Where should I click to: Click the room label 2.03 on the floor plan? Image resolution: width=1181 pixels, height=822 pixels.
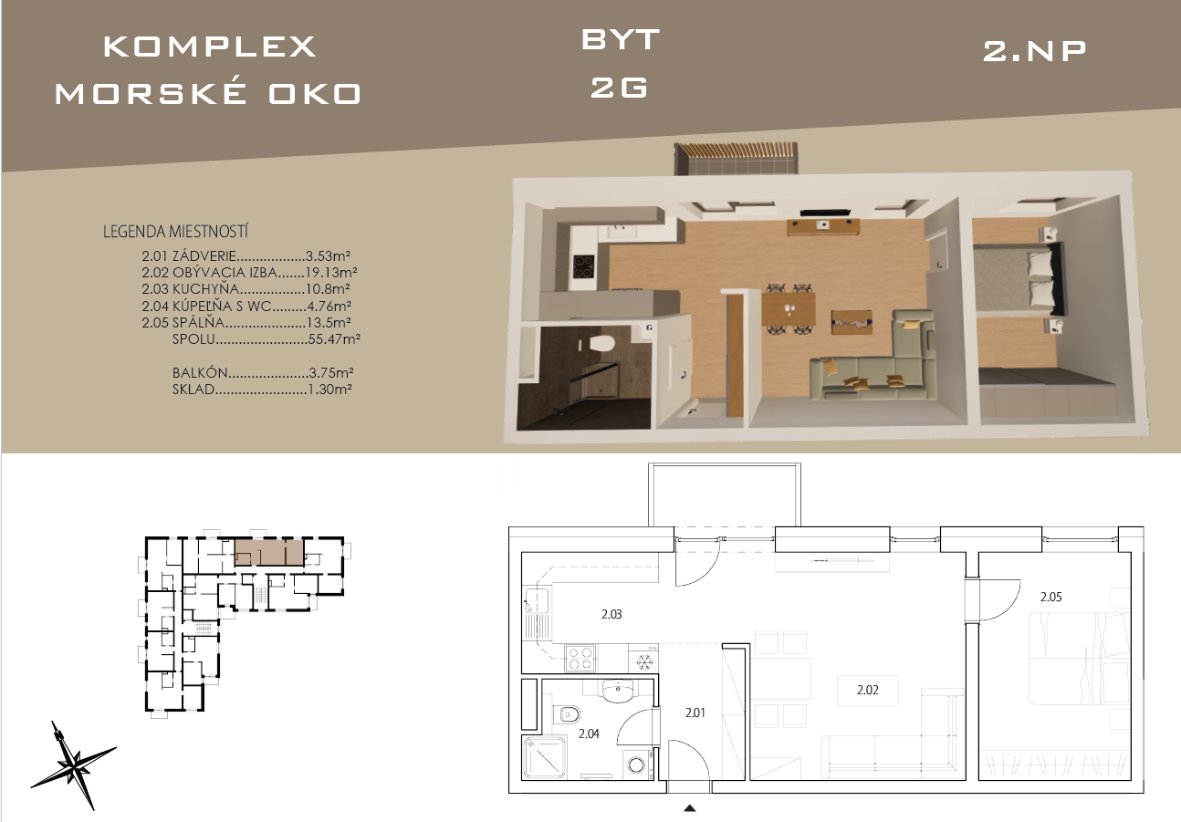(x=611, y=614)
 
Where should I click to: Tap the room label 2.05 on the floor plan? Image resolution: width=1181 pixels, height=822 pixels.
(x=1050, y=597)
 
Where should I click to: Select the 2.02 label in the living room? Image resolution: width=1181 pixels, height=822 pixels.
(x=868, y=690)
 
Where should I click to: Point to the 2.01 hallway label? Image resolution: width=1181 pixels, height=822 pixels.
(x=695, y=713)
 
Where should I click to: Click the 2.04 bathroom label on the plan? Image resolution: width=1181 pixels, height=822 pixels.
(x=589, y=734)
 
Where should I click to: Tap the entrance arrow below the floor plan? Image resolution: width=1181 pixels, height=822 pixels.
(x=690, y=808)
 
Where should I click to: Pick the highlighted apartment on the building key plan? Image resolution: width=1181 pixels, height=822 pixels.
(x=269, y=552)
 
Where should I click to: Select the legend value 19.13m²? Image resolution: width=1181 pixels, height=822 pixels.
(x=331, y=273)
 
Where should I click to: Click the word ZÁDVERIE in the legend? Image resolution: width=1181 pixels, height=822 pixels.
(x=204, y=255)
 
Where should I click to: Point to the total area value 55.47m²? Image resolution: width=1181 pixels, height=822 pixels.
(x=334, y=338)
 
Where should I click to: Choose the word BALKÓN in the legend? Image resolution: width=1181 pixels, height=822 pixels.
(x=201, y=372)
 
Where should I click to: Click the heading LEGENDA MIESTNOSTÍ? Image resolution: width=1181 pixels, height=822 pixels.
(x=175, y=232)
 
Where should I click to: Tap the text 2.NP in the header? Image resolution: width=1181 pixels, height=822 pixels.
(x=1034, y=52)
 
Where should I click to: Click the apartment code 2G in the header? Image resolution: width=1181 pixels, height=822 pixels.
(x=619, y=88)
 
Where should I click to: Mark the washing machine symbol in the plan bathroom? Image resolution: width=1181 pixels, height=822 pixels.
(x=637, y=765)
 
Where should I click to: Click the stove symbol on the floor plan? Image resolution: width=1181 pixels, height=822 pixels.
(x=580, y=658)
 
